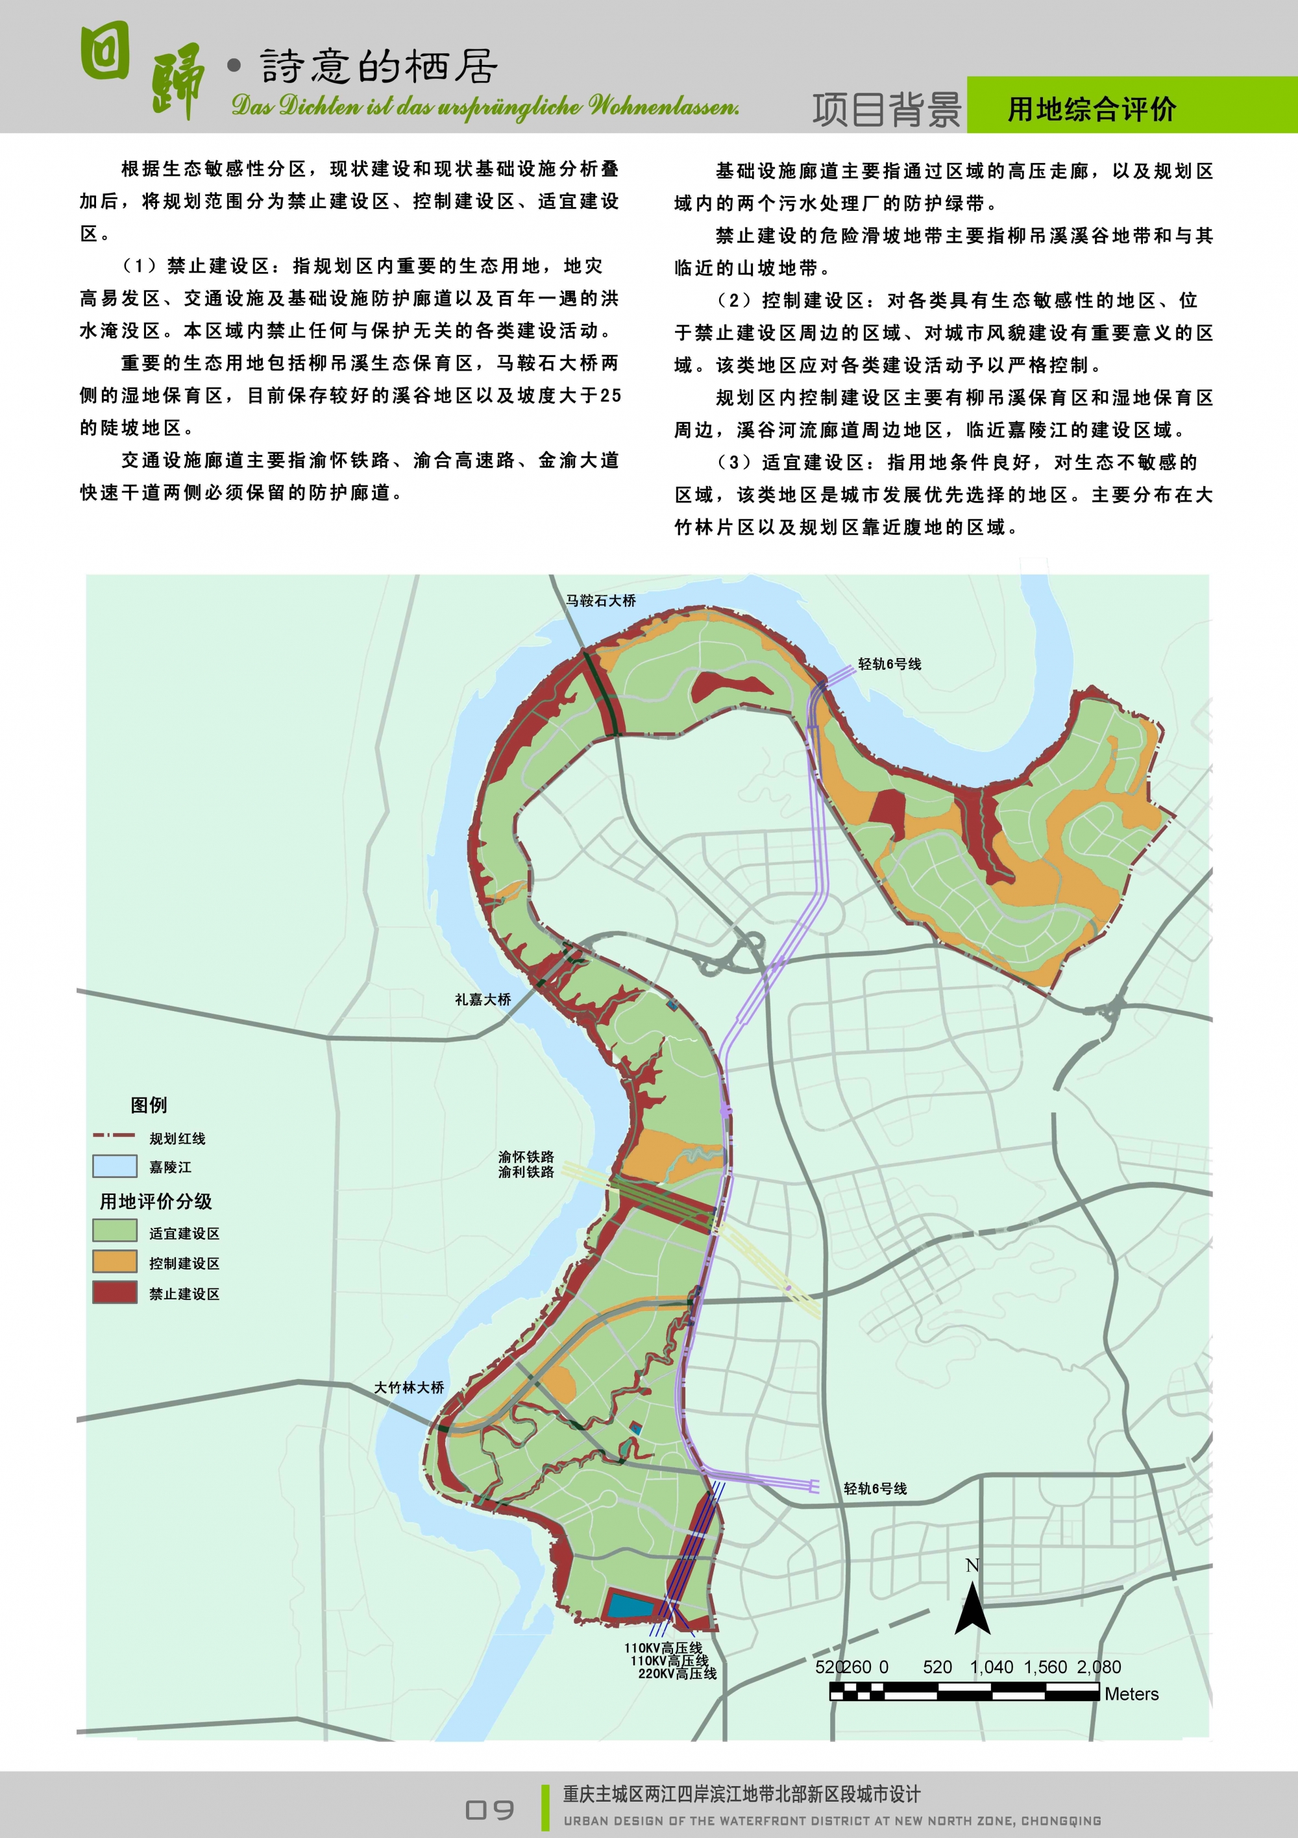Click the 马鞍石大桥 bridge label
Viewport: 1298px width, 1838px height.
pyautogui.click(x=600, y=600)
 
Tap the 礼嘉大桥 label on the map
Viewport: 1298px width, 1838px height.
pyautogui.click(x=482, y=999)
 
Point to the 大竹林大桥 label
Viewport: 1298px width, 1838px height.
pyautogui.click(x=408, y=1388)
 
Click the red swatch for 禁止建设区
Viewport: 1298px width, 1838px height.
pyautogui.click(x=114, y=1293)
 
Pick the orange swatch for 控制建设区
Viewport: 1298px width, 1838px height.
pyautogui.click(x=114, y=1262)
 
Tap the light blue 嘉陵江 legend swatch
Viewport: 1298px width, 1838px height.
pyautogui.click(x=114, y=1166)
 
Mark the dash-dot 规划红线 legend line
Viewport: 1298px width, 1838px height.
pyautogui.click(x=114, y=1135)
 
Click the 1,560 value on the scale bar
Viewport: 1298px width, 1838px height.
pyautogui.click(x=1045, y=1667)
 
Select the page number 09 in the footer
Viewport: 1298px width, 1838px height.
pyautogui.click(x=489, y=1810)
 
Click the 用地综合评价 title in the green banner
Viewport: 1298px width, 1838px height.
pyautogui.click(x=1092, y=110)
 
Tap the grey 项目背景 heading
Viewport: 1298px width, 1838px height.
pyautogui.click(x=887, y=110)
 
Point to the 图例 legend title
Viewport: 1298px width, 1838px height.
pyautogui.click(x=149, y=1105)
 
